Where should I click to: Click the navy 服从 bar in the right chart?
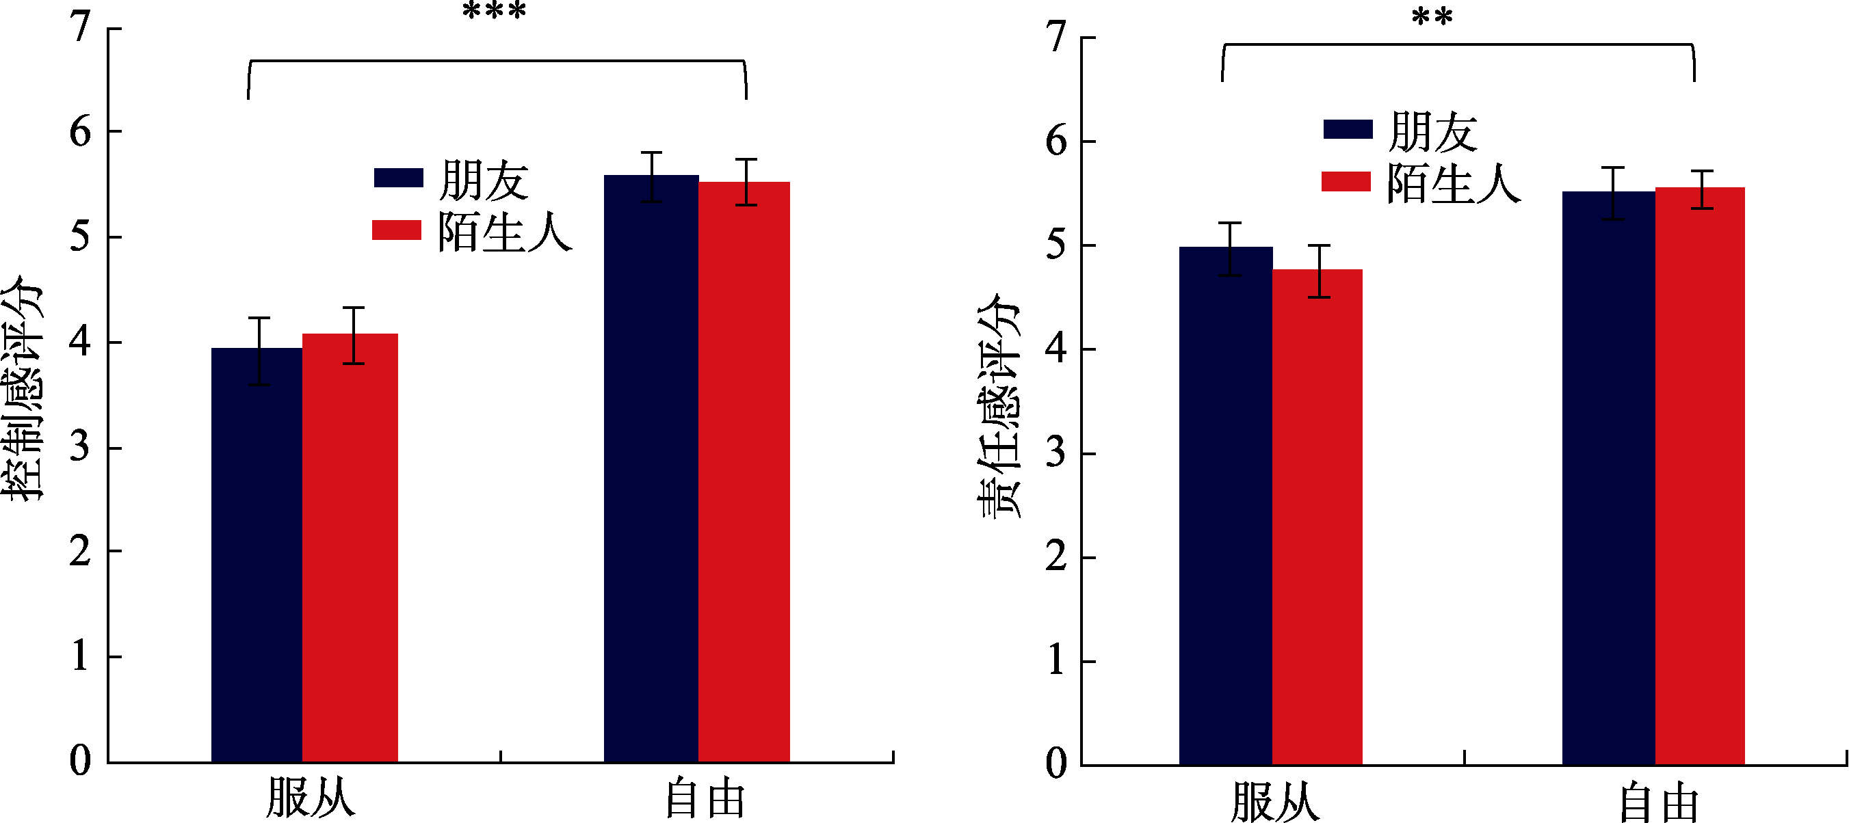(x=1226, y=505)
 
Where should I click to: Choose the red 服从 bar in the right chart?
(x=1317, y=517)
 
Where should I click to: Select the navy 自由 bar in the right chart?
(x=1608, y=478)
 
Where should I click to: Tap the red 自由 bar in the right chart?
(x=1700, y=476)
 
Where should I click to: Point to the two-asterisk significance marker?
(x=1432, y=17)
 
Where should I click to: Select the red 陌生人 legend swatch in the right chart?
(x=1346, y=182)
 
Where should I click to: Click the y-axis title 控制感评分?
(x=23, y=388)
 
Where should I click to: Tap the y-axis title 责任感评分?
(x=999, y=405)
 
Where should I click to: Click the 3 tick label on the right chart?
(x=1055, y=454)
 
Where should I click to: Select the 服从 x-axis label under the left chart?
(x=310, y=798)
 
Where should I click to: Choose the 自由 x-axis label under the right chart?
(x=1659, y=804)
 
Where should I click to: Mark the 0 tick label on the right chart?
(x=1056, y=763)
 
